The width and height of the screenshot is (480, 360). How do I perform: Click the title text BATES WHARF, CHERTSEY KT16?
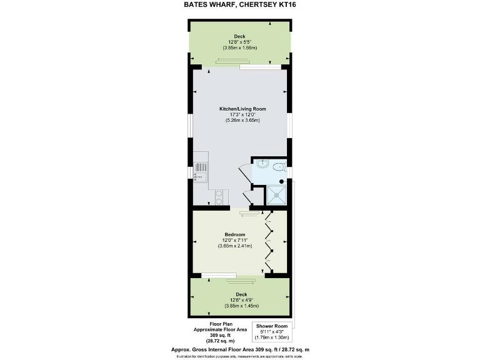pos(240,5)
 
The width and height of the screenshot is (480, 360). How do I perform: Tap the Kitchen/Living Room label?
pos(242,109)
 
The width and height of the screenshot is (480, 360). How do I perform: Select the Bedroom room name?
pos(235,234)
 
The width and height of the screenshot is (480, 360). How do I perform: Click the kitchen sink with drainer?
pos(200,171)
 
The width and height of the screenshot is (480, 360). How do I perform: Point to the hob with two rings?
pos(220,197)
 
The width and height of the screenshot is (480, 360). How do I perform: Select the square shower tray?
pos(276,194)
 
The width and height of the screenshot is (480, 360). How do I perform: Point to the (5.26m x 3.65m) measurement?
pos(242,121)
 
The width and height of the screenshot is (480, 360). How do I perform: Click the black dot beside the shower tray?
pos(281,182)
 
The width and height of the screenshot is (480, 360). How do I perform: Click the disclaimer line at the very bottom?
pos(240,356)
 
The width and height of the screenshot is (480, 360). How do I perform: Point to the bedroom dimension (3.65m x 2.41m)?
pos(235,246)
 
